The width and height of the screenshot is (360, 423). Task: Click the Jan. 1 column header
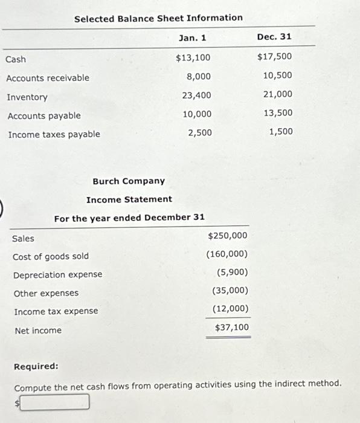click(x=193, y=38)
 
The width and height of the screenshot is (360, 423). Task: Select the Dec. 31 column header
click(x=274, y=37)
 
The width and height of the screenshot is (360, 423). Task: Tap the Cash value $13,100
click(x=193, y=58)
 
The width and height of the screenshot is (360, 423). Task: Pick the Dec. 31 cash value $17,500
click(x=274, y=57)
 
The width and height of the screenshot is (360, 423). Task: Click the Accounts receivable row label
click(x=48, y=78)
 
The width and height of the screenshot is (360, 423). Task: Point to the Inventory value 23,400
click(x=197, y=95)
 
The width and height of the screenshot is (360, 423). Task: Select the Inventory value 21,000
click(x=278, y=94)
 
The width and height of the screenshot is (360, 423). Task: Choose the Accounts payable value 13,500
click(x=278, y=113)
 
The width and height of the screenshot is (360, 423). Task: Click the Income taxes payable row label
click(x=54, y=134)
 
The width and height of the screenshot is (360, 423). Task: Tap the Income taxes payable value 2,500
click(x=200, y=132)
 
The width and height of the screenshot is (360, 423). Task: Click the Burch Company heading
click(x=129, y=181)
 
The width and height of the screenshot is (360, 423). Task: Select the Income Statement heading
click(x=129, y=199)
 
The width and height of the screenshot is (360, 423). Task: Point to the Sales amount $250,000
click(x=228, y=236)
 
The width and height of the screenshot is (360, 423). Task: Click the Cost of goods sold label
click(x=51, y=257)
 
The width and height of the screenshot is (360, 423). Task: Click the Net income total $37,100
click(x=231, y=328)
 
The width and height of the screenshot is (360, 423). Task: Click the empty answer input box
click(x=55, y=402)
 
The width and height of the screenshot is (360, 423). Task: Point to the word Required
click(x=36, y=366)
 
